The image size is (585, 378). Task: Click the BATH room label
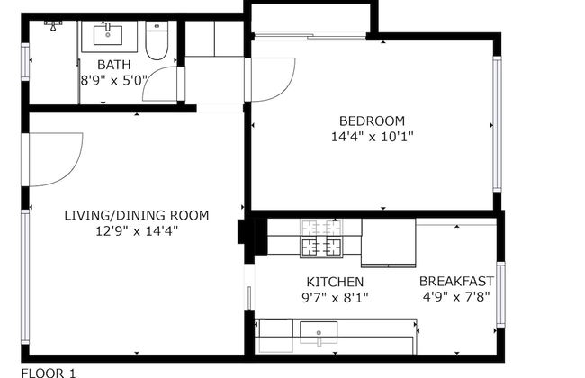pyautogui.click(x=113, y=65)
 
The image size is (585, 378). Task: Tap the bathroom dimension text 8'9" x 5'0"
pyautogui.click(x=114, y=80)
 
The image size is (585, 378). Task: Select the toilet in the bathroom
pyautogui.click(x=157, y=40)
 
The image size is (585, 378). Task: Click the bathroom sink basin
pyautogui.click(x=108, y=35)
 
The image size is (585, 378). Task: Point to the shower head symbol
pyautogui.click(x=53, y=26)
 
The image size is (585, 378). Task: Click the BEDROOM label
pyautogui.click(x=372, y=121)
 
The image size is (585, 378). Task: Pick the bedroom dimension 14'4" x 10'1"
pyautogui.click(x=373, y=137)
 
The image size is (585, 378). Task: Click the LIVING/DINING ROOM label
pyautogui.click(x=137, y=216)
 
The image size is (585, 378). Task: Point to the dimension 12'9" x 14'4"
pyautogui.click(x=137, y=231)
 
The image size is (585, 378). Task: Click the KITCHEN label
pyautogui.click(x=335, y=282)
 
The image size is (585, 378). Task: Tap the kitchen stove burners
pyautogui.click(x=321, y=238)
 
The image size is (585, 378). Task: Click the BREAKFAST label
pyautogui.click(x=456, y=281)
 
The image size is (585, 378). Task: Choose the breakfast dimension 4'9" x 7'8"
pyautogui.click(x=456, y=297)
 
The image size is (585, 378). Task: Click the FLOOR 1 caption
pyautogui.click(x=49, y=373)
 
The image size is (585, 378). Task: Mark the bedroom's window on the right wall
pyautogui.click(x=497, y=124)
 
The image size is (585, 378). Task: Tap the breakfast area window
pyautogui.click(x=500, y=295)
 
